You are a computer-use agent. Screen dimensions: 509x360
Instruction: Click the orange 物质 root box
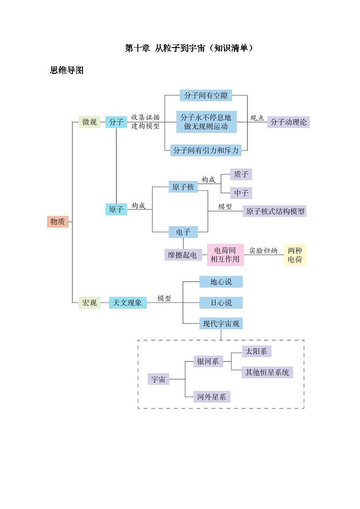tap(58, 222)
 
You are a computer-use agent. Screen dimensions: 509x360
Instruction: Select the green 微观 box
tap(89, 122)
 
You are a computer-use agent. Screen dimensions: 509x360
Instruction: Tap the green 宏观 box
tap(89, 303)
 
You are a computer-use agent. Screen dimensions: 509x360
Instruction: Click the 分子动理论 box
tap(288, 122)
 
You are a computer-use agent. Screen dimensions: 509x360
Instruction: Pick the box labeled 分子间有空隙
tap(206, 96)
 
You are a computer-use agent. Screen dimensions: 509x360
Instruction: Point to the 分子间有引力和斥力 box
tap(206, 150)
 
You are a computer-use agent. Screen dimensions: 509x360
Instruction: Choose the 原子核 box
tap(183, 187)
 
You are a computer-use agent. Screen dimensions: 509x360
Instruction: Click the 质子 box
tap(241, 175)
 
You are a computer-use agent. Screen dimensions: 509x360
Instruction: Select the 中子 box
tap(241, 193)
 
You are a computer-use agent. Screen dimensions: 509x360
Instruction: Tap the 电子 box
tap(183, 232)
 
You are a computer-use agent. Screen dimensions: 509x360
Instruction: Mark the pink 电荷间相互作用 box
tap(225, 255)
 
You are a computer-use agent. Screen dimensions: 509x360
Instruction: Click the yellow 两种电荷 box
tap(295, 255)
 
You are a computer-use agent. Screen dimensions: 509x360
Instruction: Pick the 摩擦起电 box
tap(183, 255)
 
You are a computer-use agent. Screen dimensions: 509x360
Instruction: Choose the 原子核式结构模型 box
tap(274, 211)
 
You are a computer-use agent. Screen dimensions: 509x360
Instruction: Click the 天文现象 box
tap(128, 303)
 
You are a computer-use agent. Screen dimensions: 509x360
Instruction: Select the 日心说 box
tap(221, 303)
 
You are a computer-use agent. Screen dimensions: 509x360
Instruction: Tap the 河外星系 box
tap(211, 397)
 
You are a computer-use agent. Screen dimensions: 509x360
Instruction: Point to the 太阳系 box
tap(257, 351)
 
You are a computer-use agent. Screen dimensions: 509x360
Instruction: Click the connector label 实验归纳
tap(263, 251)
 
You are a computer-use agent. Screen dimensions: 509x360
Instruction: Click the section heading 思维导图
tap(67, 71)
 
